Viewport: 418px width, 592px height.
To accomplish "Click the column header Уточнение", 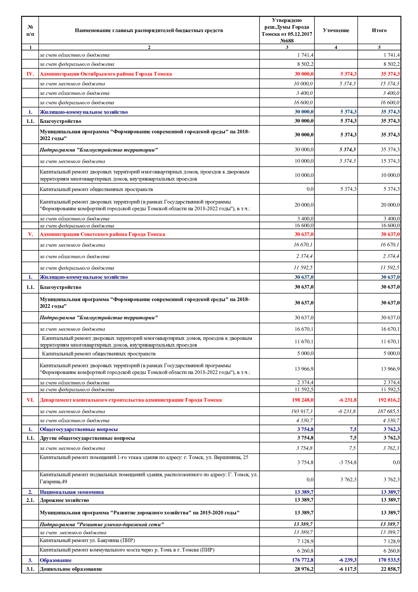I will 336,30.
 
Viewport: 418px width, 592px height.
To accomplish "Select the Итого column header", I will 379,30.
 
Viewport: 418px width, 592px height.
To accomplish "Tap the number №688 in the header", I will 287,41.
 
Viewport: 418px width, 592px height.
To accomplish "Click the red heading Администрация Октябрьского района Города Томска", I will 106,74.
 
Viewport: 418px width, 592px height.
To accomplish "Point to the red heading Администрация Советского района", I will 102,234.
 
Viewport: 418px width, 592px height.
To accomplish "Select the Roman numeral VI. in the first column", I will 30,400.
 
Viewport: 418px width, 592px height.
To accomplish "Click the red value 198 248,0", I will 302,400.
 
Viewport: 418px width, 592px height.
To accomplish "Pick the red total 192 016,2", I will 389,400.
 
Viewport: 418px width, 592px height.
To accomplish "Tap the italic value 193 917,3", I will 302,411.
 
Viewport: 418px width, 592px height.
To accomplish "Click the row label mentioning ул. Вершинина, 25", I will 144,457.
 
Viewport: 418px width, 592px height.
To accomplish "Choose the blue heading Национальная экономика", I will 71,492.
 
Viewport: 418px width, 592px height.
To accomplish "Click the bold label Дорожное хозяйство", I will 64,500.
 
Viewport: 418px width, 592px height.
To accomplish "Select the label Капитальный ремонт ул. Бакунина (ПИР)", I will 87,540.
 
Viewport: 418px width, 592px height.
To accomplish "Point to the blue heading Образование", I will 56,560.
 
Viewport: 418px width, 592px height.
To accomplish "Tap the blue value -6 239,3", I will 348,560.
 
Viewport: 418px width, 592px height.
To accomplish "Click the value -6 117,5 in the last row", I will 348,569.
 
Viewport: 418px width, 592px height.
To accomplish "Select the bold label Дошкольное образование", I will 71,569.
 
